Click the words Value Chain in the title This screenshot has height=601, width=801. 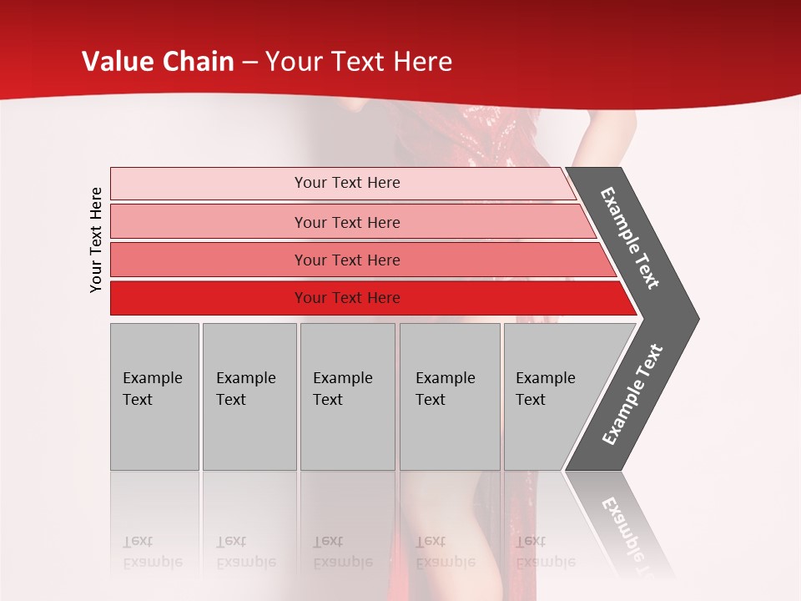pos(158,62)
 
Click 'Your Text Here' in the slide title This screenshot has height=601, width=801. pos(359,62)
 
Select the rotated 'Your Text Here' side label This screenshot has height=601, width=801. pos(97,240)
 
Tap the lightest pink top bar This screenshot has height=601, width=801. pos(209,184)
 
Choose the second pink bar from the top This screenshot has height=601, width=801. pos(209,222)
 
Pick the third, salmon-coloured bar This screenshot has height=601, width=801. pos(209,260)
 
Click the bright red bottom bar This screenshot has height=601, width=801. pos(209,298)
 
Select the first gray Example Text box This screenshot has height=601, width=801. pos(154,396)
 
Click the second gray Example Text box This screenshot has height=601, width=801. pos(249,396)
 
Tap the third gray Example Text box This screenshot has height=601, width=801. pos(347,396)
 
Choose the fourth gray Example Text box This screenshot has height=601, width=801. pos(450,396)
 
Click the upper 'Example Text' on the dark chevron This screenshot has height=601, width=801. pos(630,238)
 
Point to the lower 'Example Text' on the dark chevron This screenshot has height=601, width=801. pos(632,395)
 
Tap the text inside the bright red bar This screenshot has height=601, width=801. pos(347,298)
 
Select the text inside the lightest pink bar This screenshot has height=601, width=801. pos(347,183)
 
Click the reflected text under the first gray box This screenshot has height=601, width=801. pos(152,552)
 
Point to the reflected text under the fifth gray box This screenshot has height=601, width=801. pos(545,552)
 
